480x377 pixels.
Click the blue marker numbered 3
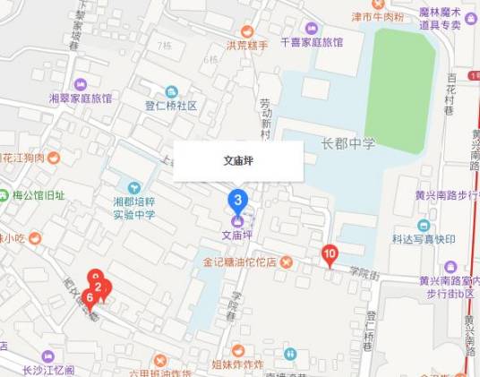pyautogui.click(x=237, y=199)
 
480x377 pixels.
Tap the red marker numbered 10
pyautogui.click(x=330, y=256)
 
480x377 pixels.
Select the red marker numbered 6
pyautogui.click(x=89, y=296)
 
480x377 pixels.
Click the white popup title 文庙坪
pyautogui.click(x=237, y=161)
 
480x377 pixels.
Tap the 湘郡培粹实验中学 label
pyautogui.click(x=134, y=209)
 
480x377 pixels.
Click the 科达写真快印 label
pyautogui.click(x=424, y=239)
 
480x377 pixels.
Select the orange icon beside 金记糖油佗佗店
pyautogui.click(x=286, y=262)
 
